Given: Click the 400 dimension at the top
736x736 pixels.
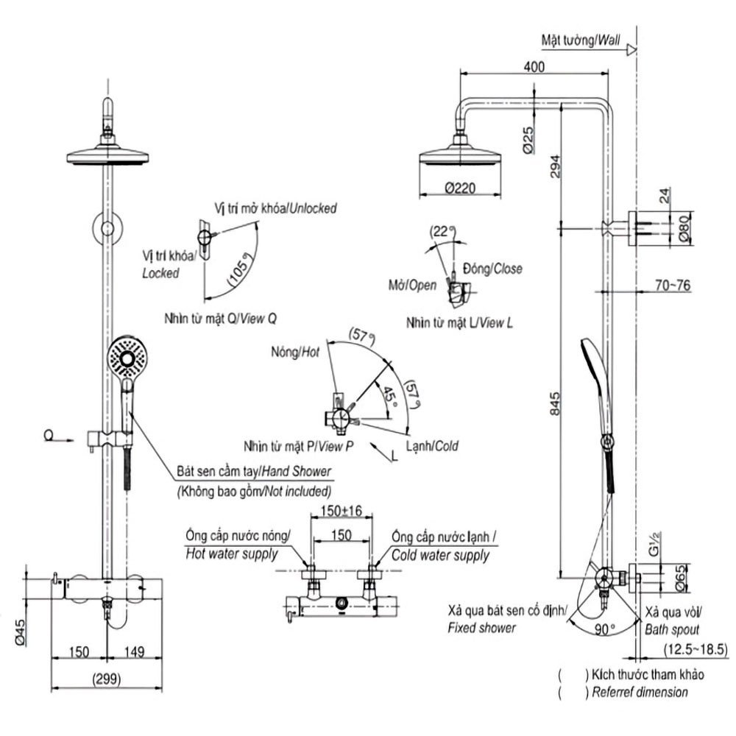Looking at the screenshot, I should click(x=534, y=67).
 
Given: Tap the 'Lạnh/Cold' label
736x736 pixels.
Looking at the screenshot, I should click(x=433, y=446).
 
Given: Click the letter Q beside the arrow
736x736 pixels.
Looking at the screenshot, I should click(x=48, y=436).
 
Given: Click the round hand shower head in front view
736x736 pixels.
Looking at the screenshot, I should click(x=130, y=359).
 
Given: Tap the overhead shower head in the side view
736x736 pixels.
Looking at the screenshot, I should click(x=461, y=155).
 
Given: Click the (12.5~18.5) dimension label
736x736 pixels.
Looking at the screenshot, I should click(x=693, y=649).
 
